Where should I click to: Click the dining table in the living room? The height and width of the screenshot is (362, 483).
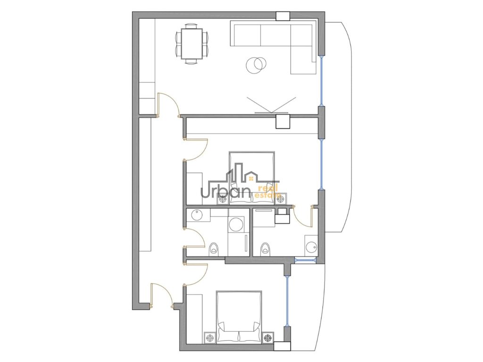point(192,43)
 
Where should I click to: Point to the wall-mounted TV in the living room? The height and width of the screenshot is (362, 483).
point(272,112)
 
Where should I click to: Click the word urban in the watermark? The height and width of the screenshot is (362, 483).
point(225,191)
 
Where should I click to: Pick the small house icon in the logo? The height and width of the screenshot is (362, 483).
point(251,178)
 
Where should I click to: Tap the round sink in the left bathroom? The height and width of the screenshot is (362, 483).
point(197,214)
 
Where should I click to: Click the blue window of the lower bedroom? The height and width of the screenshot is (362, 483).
point(287,301)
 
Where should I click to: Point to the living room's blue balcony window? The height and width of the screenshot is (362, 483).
point(321,81)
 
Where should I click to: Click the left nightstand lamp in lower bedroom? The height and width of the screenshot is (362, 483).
point(210,338)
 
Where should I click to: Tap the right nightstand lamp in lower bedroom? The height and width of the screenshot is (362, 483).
point(268,338)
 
